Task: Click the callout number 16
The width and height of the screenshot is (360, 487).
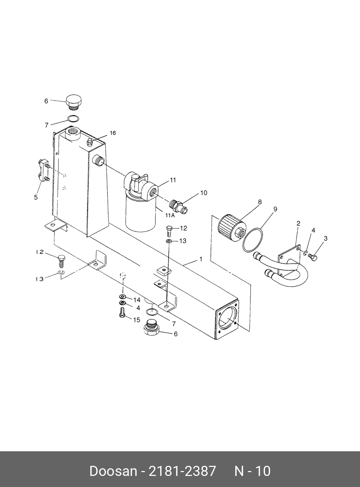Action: [x=113, y=133]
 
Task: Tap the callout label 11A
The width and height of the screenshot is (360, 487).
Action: [x=170, y=215]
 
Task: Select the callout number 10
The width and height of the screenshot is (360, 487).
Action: [x=204, y=193]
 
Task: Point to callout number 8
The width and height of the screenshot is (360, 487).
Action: [x=259, y=202]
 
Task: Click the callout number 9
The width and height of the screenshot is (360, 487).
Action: [x=275, y=209]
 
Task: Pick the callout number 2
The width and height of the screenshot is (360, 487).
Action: [x=298, y=223]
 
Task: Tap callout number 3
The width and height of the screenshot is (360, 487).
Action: [x=326, y=238]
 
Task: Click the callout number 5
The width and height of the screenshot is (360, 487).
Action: [x=36, y=197]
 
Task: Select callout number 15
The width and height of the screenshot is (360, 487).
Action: [x=137, y=319]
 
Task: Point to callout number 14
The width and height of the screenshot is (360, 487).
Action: [x=137, y=300]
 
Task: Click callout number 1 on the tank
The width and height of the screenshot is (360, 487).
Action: [x=200, y=259]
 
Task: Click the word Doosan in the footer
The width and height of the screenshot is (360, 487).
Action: [x=113, y=471]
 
